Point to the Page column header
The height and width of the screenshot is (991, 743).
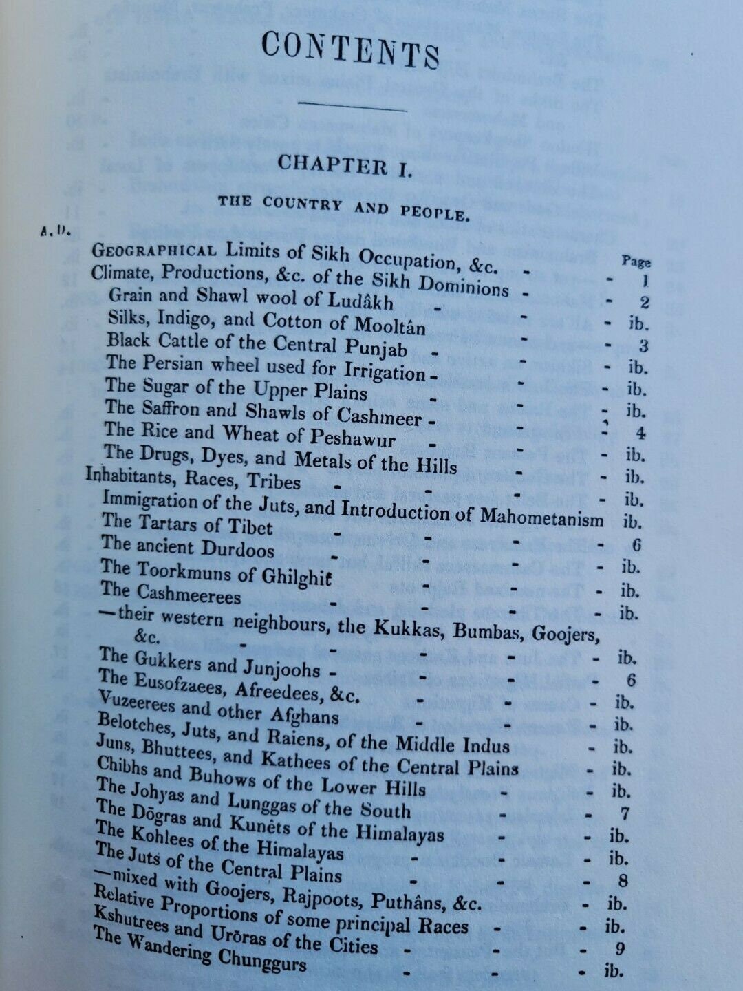[x=636, y=262]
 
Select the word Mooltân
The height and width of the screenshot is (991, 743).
[x=389, y=325]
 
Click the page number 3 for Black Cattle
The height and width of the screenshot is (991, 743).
[x=644, y=346]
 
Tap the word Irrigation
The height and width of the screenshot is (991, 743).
[x=386, y=372]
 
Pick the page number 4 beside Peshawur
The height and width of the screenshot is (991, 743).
[x=640, y=434]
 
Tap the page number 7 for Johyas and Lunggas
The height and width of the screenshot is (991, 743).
[x=625, y=813]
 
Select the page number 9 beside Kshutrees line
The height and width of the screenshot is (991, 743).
[x=620, y=949]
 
